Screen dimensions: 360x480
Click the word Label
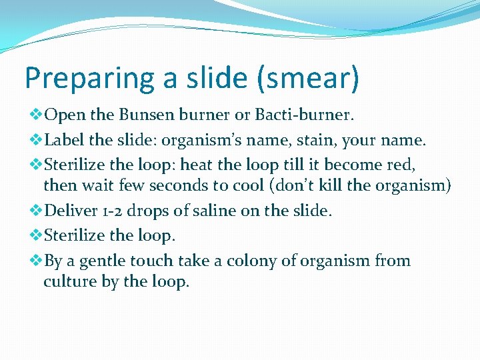pos(62,140)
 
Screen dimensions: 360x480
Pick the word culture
pos(70,281)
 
